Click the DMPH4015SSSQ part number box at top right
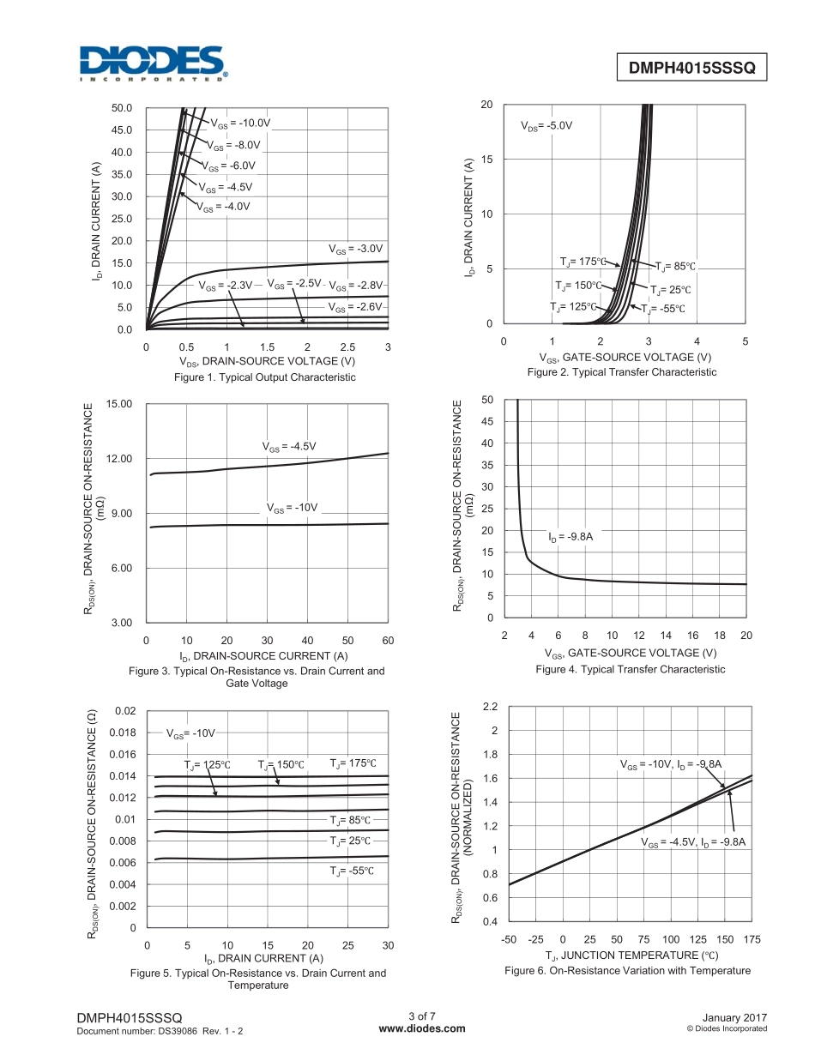[691, 68]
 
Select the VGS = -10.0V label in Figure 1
[241, 123]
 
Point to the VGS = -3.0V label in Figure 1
[355, 249]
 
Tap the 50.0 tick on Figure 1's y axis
[122, 108]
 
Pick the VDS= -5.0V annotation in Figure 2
[546, 125]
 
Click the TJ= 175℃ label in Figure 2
[583, 262]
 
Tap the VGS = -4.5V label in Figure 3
[289, 446]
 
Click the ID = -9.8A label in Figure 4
[570, 537]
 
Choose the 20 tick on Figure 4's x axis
[746, 635]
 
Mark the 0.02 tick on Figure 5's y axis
[125, 711]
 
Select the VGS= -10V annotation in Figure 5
[190, 734]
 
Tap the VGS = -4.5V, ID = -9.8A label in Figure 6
[694, 842]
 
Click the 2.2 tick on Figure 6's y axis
[491, 707]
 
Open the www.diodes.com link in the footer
[421, 1028]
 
